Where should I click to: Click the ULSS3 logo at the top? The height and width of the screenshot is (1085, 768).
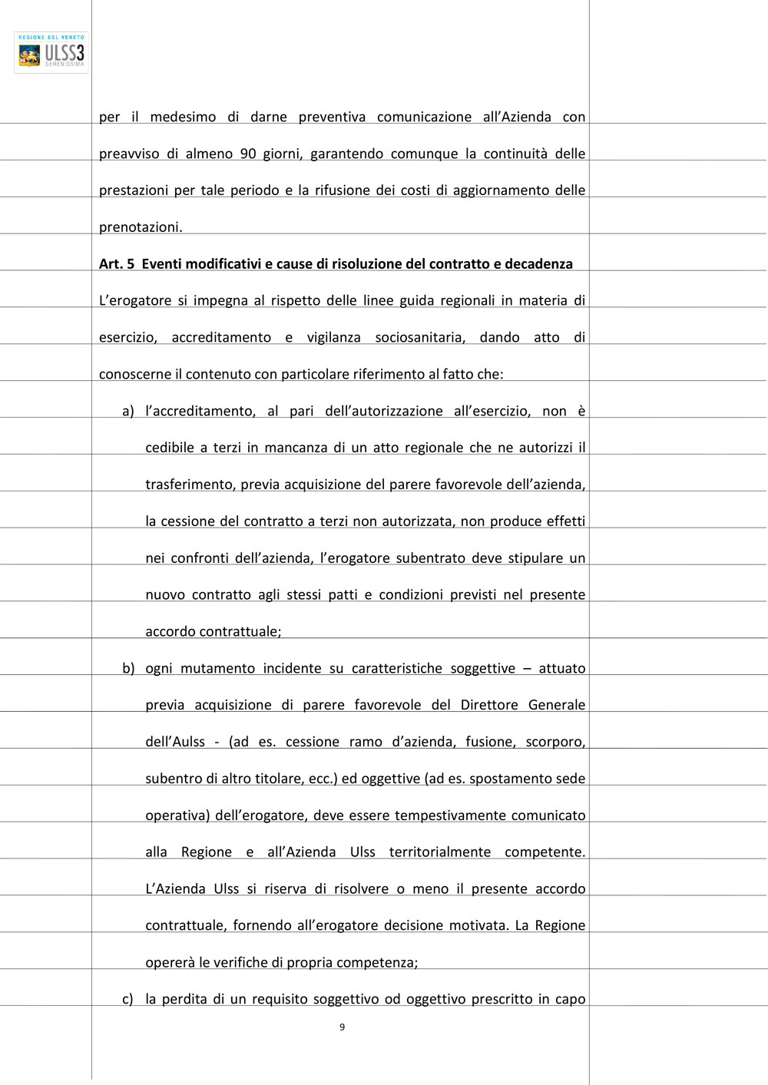click(51, 52)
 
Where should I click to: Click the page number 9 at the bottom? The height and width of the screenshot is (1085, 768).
click(342, 1027)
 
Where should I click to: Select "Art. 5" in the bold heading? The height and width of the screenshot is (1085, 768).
click(117, 264)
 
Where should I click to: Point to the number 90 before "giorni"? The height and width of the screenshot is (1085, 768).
click(248, 154)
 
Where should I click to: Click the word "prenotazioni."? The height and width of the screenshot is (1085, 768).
click(141, 227)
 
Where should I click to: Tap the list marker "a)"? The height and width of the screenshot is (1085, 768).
click(128, 412)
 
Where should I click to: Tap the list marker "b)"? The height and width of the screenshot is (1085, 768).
click(128, 669)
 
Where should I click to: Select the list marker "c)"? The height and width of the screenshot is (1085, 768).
click(127, 1000)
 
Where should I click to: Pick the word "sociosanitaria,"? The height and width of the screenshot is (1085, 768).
click(420, 338)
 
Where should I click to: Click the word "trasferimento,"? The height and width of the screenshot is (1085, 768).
click(190, 485)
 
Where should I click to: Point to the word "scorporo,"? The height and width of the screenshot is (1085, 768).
click(555, 743)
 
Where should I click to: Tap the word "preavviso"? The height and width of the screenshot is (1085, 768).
click(128, 154)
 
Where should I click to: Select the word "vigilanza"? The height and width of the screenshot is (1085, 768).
click(333, 338)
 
